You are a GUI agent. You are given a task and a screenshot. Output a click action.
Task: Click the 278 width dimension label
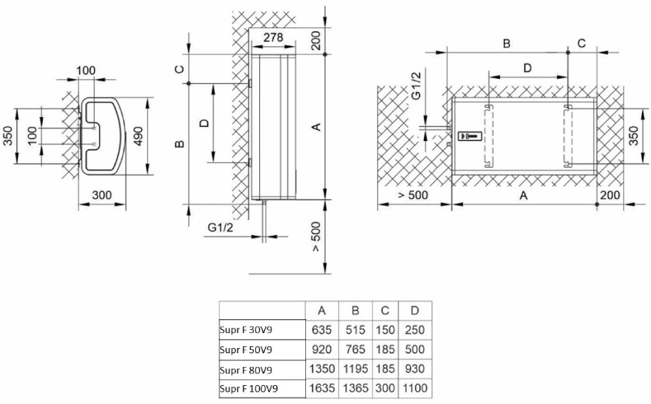click(273, 37)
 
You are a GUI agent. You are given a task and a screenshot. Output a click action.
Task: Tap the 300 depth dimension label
click(102, 195)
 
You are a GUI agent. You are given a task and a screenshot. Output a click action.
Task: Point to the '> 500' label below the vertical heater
click(316, 236)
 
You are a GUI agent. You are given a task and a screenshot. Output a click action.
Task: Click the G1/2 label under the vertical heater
click(221, 227)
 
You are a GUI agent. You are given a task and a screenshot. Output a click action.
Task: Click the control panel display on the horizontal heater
click(470, 135)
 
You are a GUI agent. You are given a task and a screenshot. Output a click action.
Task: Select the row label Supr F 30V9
click(246, 330)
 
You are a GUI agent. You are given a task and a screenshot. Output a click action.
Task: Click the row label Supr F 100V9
click(249, 389)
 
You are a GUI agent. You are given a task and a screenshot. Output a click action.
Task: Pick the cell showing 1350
click(322, 369)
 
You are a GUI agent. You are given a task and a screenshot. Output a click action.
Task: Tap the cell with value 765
click(355, 349)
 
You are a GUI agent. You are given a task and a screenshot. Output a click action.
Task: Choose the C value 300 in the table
click(385, 388)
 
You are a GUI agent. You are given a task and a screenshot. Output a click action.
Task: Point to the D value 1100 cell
click(415, 388)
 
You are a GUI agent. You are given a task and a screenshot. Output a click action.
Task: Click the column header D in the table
click(415, 311)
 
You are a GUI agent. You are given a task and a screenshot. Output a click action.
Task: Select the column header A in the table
click(322, 311)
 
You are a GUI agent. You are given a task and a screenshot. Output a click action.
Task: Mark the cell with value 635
click(322, 330)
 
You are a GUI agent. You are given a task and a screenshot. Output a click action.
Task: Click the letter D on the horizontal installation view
click(527, 68)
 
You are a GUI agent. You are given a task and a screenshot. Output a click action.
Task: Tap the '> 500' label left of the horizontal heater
click(413, 195)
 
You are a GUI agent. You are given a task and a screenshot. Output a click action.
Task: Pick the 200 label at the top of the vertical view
click(316, 40)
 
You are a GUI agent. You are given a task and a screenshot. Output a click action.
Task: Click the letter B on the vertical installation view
click(180, 144)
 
